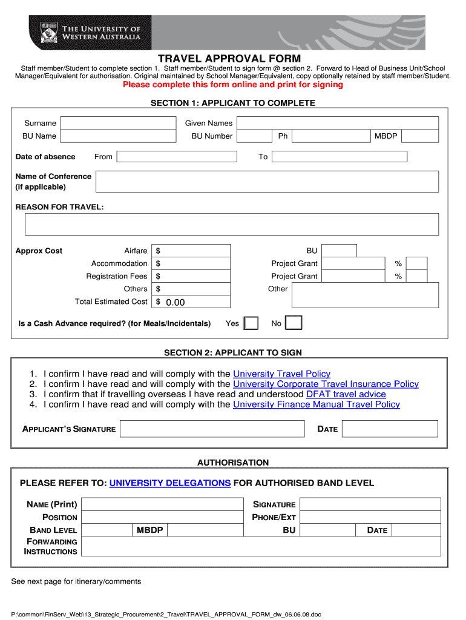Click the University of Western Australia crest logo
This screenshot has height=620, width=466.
(x=48, y=32)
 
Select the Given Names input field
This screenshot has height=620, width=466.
(x=337, y=123)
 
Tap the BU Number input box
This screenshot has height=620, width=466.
(x=254, y=136)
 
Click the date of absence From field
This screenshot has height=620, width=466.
(x=177, y=157)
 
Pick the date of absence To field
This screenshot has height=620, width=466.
(x=340, y=157)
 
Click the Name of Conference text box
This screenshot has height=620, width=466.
(x=267, y=182)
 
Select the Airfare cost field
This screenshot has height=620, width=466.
(x=192, y=251)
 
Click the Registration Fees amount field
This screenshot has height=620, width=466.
(x=192, y=276)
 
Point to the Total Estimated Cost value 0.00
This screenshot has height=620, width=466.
(x=175, y=302)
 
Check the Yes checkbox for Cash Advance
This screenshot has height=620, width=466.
(x=251, y=323)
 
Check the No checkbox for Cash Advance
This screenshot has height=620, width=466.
(x=294, y=323)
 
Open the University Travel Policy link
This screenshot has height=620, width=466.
(x=281, y=374)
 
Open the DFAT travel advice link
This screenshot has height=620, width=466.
(x=346, y=394)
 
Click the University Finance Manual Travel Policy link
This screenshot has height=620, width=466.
(x=316, y=404)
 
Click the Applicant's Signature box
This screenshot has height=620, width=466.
(x=212, y=429)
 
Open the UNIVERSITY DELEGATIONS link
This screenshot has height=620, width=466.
(x=170, y=483)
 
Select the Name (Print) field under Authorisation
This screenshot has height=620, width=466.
(x=162, y=505)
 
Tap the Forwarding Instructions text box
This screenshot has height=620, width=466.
(x=260, y=547)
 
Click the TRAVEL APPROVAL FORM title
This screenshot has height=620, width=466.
(x=229, y=59)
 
